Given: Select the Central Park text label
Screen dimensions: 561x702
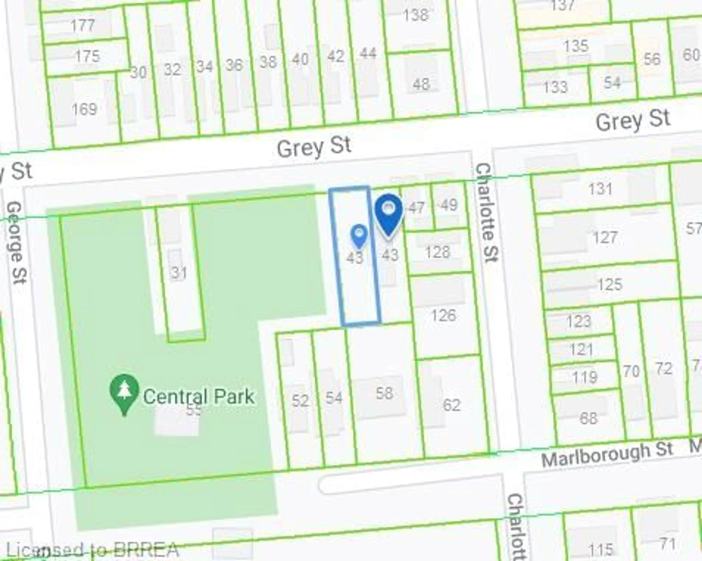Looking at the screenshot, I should click(x=199, y=397).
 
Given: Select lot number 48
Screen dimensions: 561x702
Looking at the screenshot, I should click(x=421, y=84).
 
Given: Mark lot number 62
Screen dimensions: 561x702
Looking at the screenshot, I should click(x=452, y=405).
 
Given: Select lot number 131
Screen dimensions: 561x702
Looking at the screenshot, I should click(x=600, y=189).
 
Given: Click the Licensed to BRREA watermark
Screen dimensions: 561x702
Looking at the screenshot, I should click(x=93, y=550).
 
